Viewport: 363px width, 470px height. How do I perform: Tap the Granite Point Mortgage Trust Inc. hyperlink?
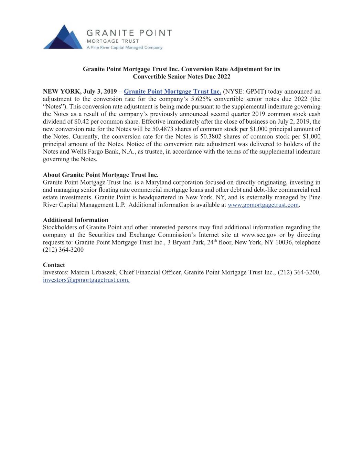[172, 91]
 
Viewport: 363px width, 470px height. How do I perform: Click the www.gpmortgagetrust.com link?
[263, 205]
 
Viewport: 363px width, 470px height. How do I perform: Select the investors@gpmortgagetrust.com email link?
[86, 280]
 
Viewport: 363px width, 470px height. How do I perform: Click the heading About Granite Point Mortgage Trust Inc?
[100, 175]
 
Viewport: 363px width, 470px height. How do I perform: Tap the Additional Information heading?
[75, 220]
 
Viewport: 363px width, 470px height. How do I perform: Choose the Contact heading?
[54, 265]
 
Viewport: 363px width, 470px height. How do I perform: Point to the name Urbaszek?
[104, 272]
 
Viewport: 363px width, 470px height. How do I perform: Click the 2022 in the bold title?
[223, 76]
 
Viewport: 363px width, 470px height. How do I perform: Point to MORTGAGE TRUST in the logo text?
[113, 41]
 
